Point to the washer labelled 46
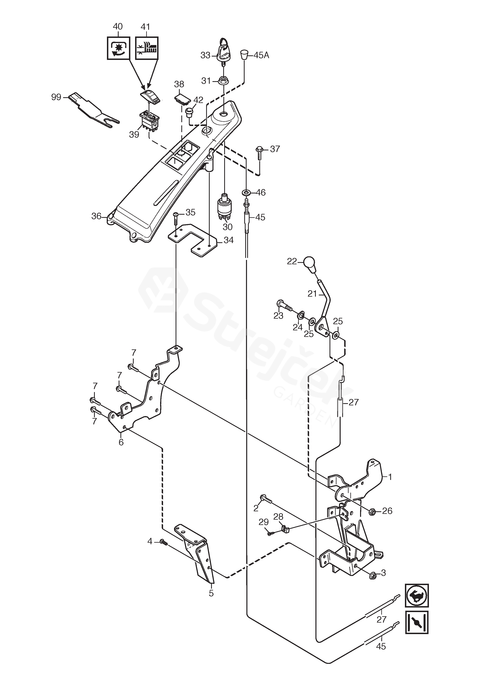pyautogui.click(x=246, y=192)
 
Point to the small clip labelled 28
pyautogui.click(x=285, y=529)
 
